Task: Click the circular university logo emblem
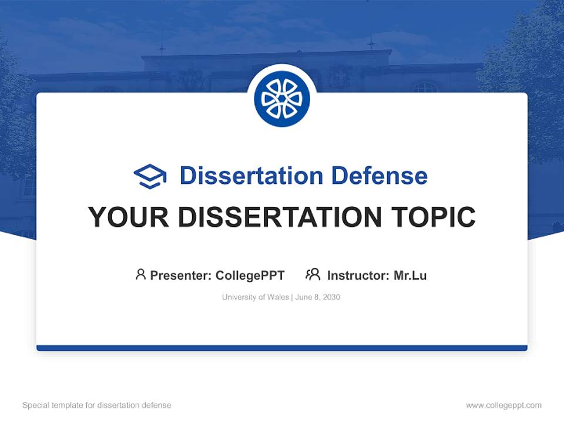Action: pos(282,99)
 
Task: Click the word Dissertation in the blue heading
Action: pos(251,176)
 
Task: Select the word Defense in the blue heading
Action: pos(379,176)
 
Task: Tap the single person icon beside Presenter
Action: pos(140,274)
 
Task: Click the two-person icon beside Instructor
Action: pos(313,274)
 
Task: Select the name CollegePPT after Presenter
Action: pos(250,275)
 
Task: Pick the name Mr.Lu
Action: pos(410,275)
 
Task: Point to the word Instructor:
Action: pos(358,275)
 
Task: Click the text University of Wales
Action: pos(255,297)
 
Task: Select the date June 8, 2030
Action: pos(317,297)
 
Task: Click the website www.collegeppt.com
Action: pos(503,405)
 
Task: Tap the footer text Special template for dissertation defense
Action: pos(97,405)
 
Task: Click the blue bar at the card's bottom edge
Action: pos(282,348)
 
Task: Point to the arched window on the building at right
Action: pos(425,87)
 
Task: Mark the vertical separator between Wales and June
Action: pos(291,297)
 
